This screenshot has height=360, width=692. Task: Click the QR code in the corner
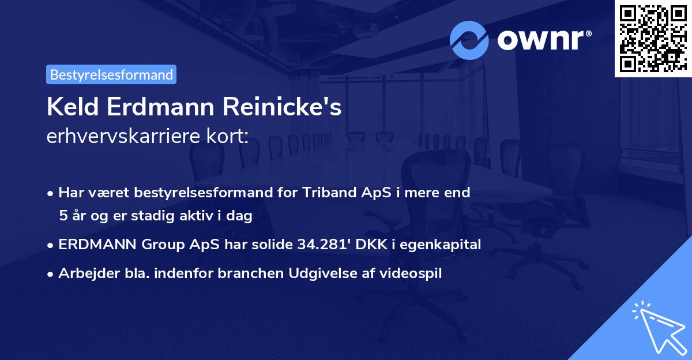click(653, 38)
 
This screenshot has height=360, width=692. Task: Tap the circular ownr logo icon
click(469, 40)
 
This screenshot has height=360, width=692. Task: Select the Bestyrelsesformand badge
click(111, 74)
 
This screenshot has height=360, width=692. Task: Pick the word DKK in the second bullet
click(369, 245)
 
